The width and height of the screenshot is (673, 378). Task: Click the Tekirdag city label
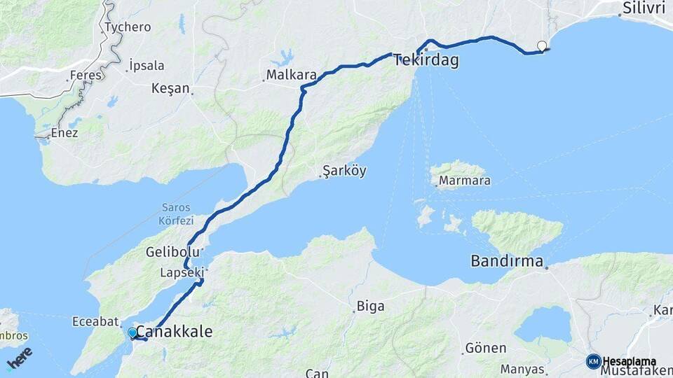click(426, 60)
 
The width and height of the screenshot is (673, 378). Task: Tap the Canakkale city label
click(173, 331)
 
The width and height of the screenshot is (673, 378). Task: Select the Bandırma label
click(507, 262)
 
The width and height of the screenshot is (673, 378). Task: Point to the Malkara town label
click(292, 74)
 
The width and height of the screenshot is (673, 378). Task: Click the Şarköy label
click(344, 171)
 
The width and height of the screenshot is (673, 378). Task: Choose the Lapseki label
click(181, 272)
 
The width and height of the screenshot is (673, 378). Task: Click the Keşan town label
click(170, 88)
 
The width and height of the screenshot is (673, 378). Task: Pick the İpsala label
click(147, 66)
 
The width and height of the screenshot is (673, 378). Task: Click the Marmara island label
click(464, 181)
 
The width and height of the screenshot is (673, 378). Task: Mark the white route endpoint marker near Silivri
click(541, 46)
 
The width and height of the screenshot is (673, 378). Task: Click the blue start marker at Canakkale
click(132, 332)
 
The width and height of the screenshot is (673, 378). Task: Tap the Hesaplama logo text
click(630, 361)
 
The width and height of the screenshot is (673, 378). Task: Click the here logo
click(19, 357)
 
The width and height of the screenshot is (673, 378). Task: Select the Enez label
click(64, 132)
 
